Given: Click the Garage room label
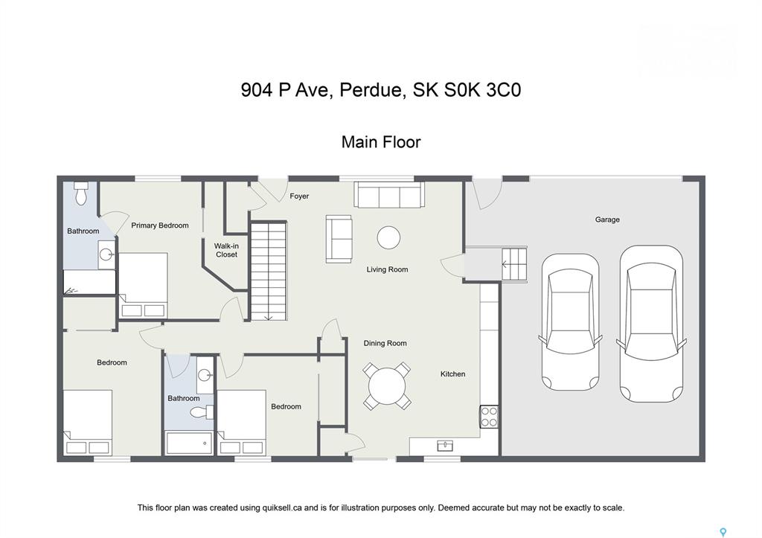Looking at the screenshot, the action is click(607, 220).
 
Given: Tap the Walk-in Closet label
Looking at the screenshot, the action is click(226, 250).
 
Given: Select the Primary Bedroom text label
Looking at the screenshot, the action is click(160, 225).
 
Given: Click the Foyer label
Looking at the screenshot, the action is click(299, 196).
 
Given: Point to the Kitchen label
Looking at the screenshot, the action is click(452, 374).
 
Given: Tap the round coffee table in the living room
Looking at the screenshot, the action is click(388, 237).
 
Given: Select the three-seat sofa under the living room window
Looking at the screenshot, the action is click(388, 195).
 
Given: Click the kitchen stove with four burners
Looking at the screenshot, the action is click(490, 417).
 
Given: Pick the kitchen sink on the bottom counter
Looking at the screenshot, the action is click(445, 446).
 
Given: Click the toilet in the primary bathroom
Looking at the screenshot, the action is click(81, 193).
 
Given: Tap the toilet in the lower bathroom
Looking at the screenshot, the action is click(201, 412).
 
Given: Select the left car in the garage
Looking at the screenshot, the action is click(571, 321).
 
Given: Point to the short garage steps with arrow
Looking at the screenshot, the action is click(514, 264).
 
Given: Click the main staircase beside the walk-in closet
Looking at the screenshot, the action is click(268, 271).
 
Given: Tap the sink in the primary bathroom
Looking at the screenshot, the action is click(106, 254).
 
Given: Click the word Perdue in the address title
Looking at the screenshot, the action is click(373, 90).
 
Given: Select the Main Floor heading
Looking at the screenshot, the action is click(381, 142).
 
